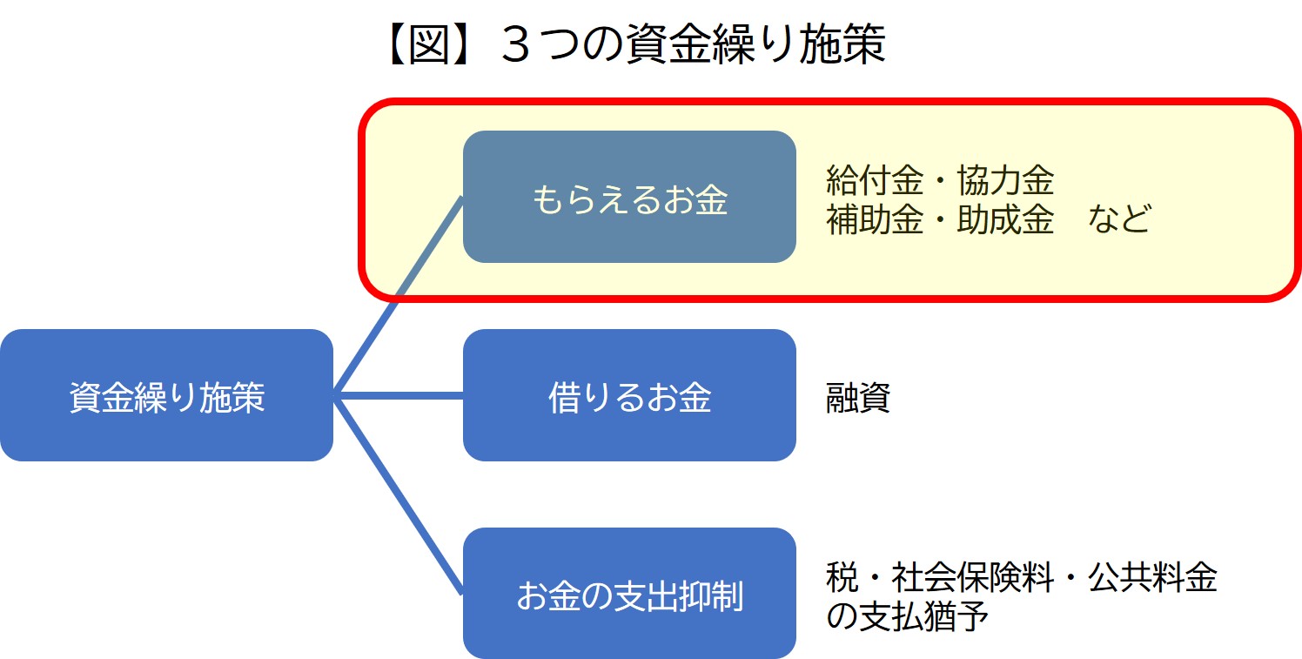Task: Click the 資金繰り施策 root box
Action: (166, 395)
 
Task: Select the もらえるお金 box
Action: (629, 197)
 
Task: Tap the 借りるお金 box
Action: (629, 395)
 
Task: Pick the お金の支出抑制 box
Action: (629, 594)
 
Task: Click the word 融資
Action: (857, 399)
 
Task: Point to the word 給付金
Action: (874, 181)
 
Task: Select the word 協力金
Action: (1005, 181)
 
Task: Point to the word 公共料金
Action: (1152, 578)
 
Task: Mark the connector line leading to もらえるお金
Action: (399, 296)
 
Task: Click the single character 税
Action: (842, 578)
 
